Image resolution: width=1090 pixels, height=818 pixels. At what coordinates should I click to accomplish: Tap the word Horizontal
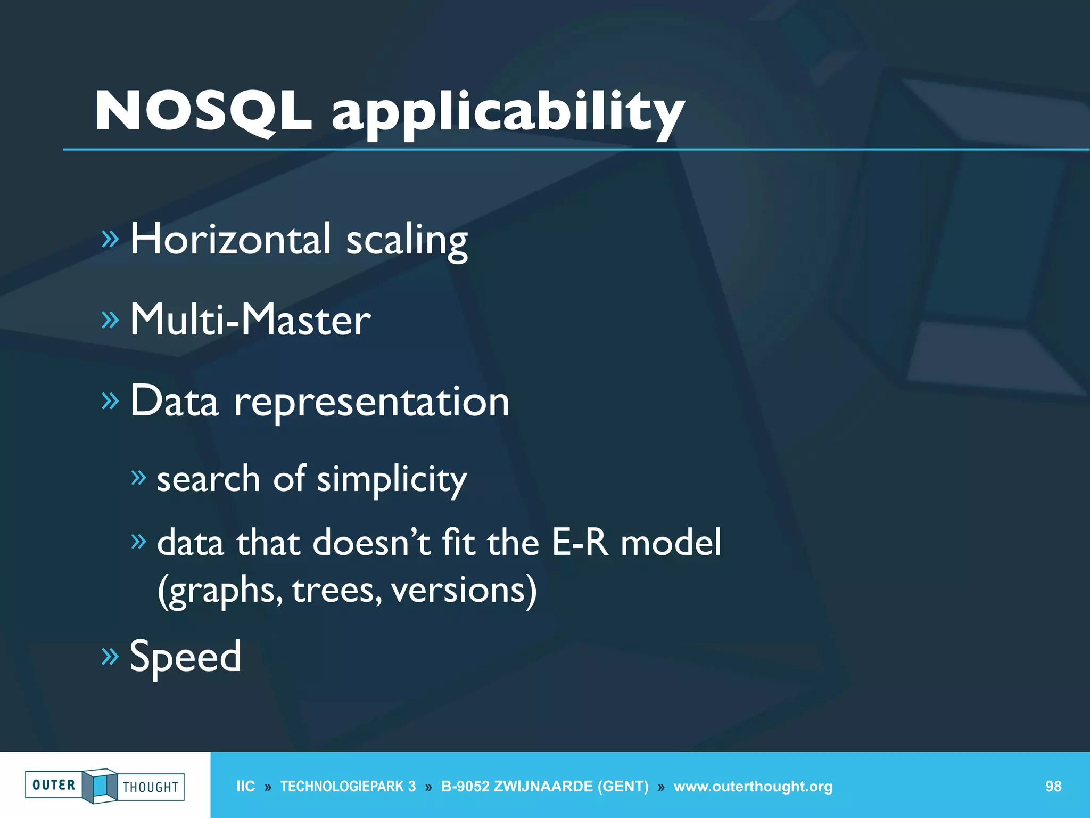(230, 239)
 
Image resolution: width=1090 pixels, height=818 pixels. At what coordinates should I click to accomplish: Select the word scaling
(407, 241)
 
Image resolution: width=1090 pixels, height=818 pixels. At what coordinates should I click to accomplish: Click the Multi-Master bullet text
(250, 320)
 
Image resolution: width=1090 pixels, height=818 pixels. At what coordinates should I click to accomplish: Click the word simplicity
(392, 479)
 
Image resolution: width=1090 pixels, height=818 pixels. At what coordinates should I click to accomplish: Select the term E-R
(580, 543)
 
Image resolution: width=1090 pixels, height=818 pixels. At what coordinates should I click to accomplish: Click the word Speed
(185, 656)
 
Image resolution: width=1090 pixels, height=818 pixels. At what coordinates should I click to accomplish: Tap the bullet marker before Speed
(110, 657)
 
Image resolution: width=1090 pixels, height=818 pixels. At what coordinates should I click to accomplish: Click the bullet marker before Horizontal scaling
(110, 239)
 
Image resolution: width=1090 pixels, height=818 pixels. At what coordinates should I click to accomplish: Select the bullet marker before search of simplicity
(138, 478)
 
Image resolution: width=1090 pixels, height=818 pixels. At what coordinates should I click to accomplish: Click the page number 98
(1053, 787)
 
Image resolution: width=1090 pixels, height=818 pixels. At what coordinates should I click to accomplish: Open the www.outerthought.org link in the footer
(753, 787)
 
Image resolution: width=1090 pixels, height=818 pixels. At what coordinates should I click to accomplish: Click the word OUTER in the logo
(54, 785)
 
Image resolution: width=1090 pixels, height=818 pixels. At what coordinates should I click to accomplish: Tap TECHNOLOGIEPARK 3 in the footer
(348, 787)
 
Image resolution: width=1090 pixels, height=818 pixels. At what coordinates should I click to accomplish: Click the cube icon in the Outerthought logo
(100, 786)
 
